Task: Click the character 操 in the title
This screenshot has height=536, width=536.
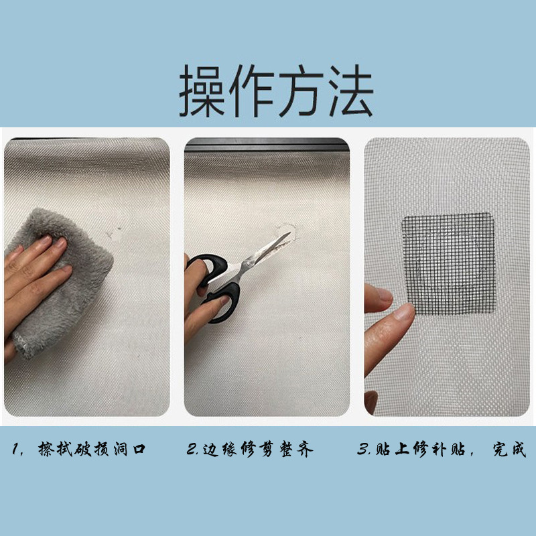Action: click(204, 92)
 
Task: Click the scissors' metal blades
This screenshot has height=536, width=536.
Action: click(268, 251)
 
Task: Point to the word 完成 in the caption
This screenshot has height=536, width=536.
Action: click(509, 448)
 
